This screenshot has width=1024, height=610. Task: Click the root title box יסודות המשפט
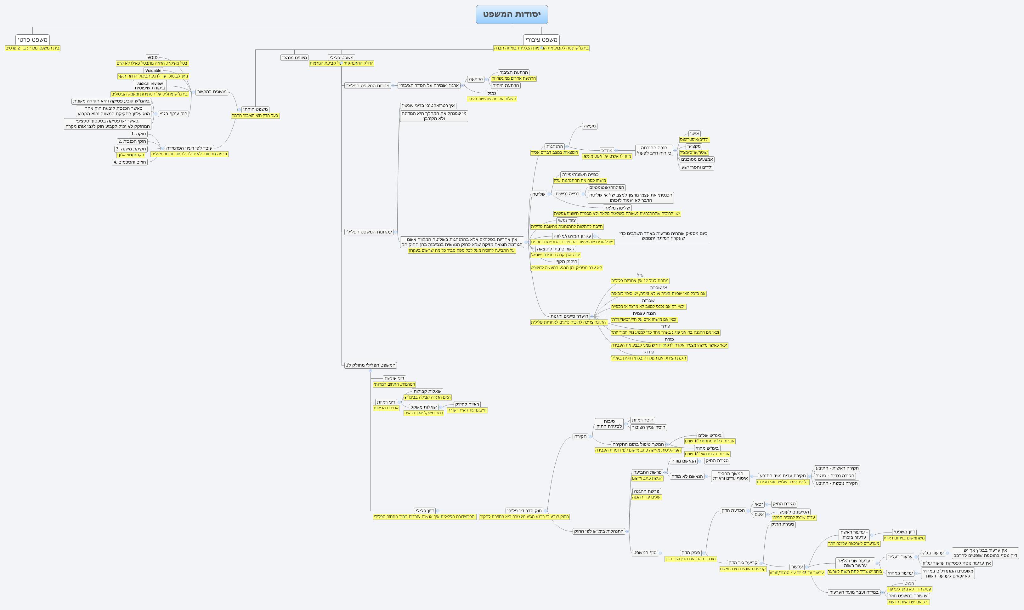[x=512, y=14]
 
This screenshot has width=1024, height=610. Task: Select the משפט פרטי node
[x=32, y=40]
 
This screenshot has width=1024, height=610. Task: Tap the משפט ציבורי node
[x=541, y=40]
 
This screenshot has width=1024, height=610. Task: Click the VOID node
[x=152, y=58]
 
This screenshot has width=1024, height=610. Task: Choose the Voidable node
[x=153, y=71]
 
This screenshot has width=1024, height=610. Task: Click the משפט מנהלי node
[x=294, y=58]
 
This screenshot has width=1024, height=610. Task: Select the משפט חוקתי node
[x=255, y=109]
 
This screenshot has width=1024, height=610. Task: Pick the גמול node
[x=491, y=93]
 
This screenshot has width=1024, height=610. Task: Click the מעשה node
[x=590, y=126]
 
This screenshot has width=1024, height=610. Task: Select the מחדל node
[x=606, y=150]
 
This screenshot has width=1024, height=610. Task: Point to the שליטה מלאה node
[x=617, y=208]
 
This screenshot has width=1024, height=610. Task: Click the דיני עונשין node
[x=394, y=378]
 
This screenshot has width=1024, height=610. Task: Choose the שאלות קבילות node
[x=427, y=391]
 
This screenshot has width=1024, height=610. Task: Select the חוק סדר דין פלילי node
[x=524, y=510]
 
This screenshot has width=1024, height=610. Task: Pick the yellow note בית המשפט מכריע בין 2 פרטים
[x=32, y=48]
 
